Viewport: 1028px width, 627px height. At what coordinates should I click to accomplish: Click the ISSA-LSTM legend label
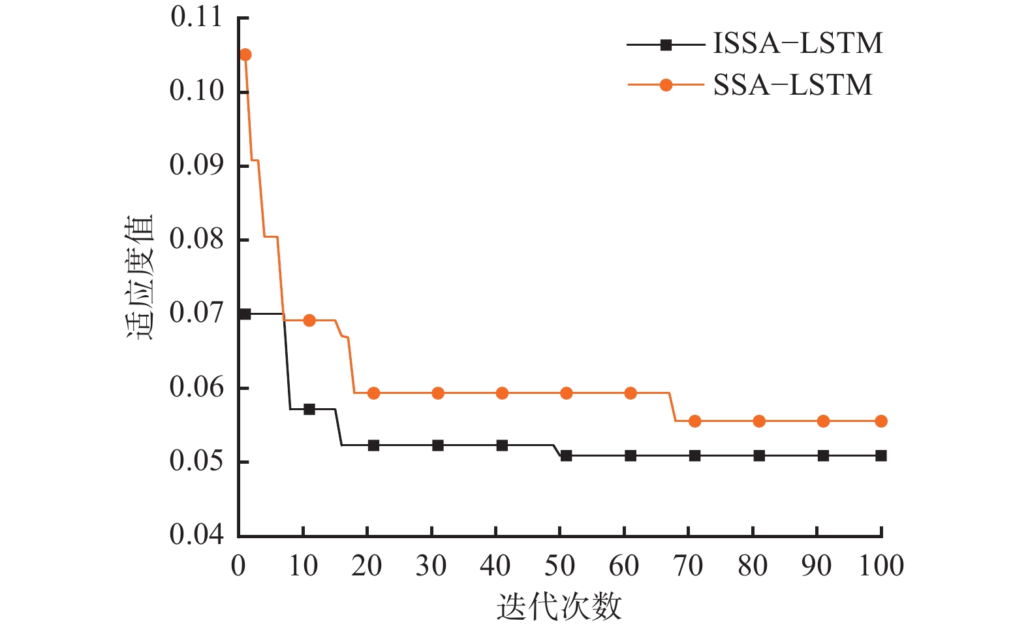[x=798, y=44]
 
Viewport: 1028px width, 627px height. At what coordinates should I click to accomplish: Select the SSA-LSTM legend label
[x=792, y=86]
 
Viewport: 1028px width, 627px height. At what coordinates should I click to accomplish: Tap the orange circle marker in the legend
[x=666, y=85]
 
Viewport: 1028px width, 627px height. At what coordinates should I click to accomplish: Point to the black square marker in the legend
[x=666, y=44]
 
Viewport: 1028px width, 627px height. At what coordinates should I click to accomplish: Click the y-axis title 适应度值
[x=140, y=277]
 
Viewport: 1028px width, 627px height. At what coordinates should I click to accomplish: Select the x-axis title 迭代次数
[x=559, y=607]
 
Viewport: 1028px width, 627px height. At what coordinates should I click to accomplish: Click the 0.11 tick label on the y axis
[x=196, y=17]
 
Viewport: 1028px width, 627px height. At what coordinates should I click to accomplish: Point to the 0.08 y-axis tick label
[x=196, y=240]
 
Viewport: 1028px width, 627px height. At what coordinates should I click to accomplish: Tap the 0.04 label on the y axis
[x=196, y=535]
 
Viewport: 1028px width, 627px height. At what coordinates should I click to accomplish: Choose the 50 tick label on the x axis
[x=559, y=566]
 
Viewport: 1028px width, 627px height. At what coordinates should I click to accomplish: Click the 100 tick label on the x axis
[x=880, y=566]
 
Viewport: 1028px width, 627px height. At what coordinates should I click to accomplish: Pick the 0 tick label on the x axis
[x=239, y=566]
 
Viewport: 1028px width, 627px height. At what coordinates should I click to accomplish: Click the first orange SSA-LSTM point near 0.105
[x=245, y=55]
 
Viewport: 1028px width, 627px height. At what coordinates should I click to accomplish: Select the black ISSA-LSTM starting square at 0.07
[x=245, y=314]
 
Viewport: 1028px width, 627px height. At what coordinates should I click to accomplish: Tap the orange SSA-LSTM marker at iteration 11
[x=309, y=320]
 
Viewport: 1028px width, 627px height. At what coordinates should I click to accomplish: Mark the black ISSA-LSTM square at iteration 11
[x=309, y=409]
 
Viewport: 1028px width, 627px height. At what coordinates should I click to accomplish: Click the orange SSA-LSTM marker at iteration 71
[x=694, y=421]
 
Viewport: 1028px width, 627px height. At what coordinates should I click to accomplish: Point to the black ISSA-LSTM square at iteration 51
[x=566, y=455]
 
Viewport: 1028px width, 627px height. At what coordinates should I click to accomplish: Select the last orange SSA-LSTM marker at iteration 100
[x=880, y=421]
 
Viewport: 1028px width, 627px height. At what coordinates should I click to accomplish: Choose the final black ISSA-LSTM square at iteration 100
[x=880, y=455]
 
